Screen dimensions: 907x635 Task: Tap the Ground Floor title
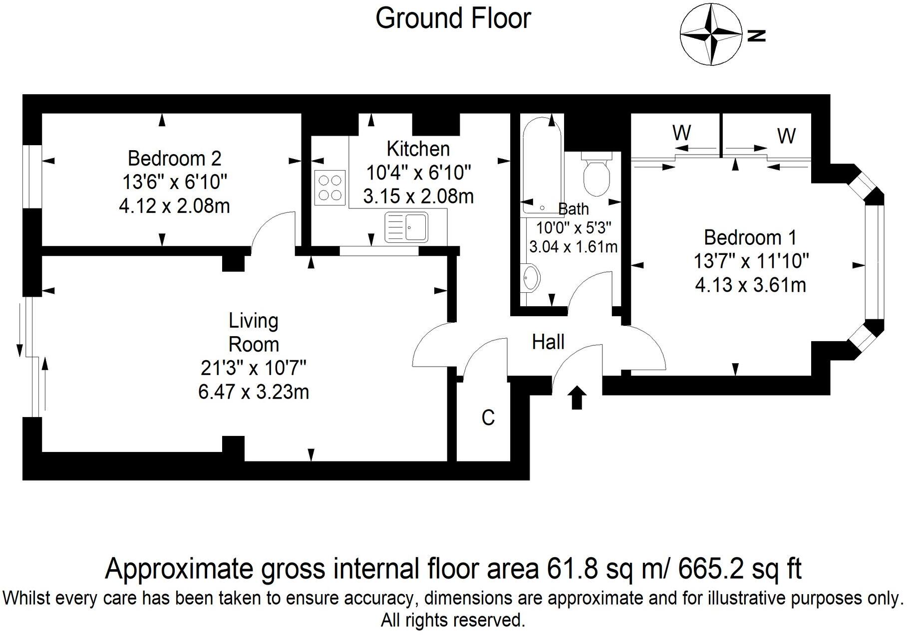pyautogui.click(x=453, y=19)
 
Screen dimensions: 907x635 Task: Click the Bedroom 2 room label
pyautogui.click(x=174, y=159)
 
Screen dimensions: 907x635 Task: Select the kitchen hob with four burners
pyautogui.click(x=330, y=187)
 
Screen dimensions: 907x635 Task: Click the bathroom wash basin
pyautogui.click(x=530, y=277)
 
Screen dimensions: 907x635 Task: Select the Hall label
pyautogui.click(x=548, y=342)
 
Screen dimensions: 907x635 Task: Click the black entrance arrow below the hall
pyautogui.click(x=577, y=398)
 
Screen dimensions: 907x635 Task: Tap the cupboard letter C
pyautogui.click(x=488, y=418)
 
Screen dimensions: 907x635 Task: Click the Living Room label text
pyautogui.click(x=254, y=333)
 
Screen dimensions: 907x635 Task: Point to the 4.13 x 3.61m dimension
pyautogui.click(x=750, y=285)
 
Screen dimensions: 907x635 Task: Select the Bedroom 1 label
pyautogui.click(x=750, y=237)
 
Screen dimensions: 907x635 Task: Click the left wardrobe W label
pyautogui.click(x=681, y=133)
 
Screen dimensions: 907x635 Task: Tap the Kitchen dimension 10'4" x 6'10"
pyautogui.click(x=418, y=173)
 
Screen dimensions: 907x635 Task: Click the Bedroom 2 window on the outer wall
pyautogui.click(x=32, y=177)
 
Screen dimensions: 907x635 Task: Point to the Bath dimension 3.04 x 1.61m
pyautogui.click(x=573, y=247)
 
